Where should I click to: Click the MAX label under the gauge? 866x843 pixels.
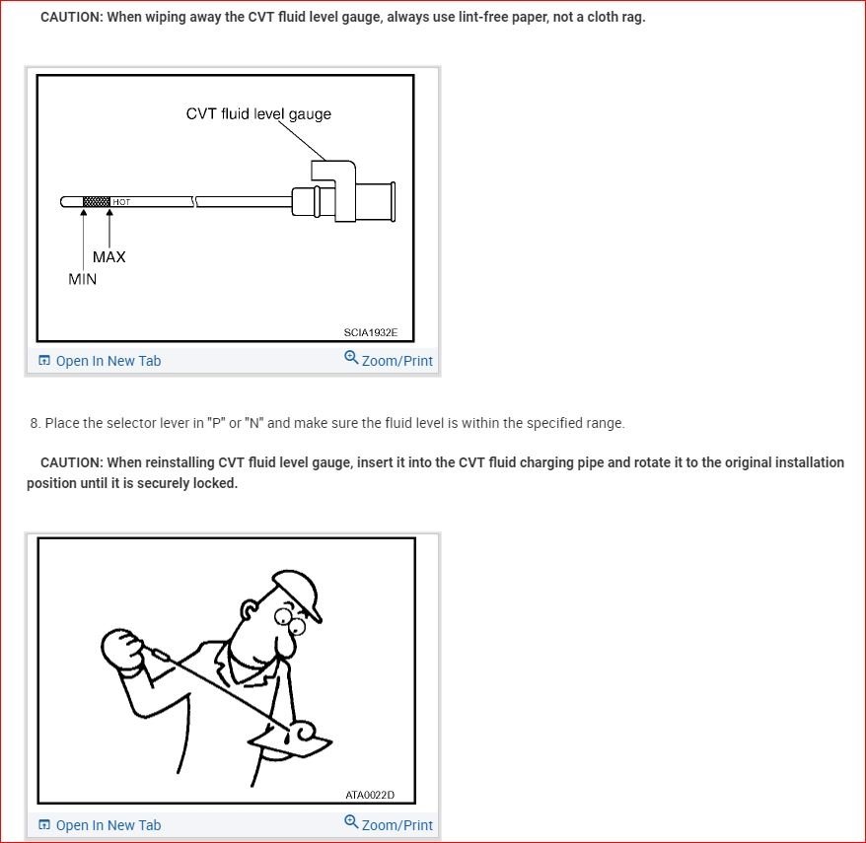(108, 256)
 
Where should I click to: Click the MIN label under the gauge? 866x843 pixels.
(83, 279)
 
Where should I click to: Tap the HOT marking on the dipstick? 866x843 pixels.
(120, 202)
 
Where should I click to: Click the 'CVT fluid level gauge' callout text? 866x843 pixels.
(258, 113)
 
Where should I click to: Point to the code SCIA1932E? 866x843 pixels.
(371, 332)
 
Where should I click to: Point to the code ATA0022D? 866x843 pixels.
(370, 794)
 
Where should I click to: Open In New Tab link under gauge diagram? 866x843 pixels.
(100, 361)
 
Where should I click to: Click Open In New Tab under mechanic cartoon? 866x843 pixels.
(100, 825)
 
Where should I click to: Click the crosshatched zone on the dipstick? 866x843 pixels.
(96, 202)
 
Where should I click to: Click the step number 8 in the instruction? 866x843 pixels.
(35, 423)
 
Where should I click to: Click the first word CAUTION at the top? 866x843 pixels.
(71, 18)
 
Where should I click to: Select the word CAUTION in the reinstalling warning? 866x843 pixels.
(71, 462)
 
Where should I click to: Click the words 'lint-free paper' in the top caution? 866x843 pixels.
(499, 18)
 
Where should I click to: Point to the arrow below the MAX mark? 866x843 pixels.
(108, 226)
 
